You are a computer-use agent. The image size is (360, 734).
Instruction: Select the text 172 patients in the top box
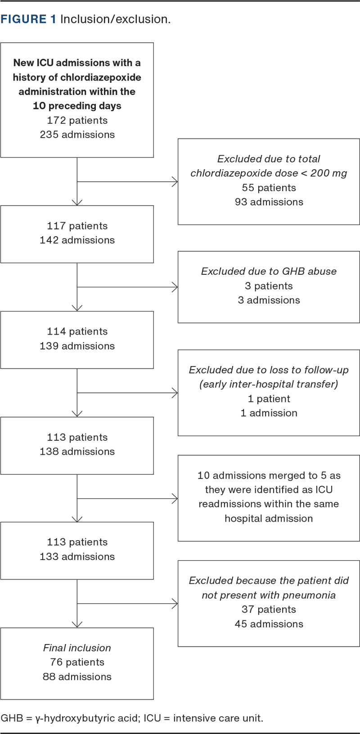click(x=77, y=121)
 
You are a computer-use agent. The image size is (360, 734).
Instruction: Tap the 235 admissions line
click(x=77, y=135)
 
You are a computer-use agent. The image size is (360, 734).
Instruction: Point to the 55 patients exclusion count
click(x=269, y=188)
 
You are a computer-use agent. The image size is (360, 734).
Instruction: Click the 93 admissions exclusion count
click(x=269, y=202)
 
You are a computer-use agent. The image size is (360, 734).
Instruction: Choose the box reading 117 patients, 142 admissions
click(x=77, y=234)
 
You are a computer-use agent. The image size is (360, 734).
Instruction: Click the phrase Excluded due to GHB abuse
click(x=269, y=272)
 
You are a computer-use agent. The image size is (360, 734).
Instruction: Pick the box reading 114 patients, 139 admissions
click(x=77, y=340)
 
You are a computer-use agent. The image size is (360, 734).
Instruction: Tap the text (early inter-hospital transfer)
click(x=269, y=385)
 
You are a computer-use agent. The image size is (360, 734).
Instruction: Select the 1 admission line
click(x=269, y=413)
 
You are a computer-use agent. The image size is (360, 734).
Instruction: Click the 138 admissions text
click(x=77, y=452)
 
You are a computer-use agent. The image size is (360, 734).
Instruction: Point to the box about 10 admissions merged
click(x=269, y=497)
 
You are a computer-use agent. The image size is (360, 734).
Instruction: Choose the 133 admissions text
click(x=77, y=557)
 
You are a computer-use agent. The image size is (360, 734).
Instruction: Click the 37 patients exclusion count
click(x=269, y=610)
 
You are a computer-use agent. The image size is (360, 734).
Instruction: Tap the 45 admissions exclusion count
click(x=269, y=624)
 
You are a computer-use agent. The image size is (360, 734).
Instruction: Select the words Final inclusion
click(x=77, y=648)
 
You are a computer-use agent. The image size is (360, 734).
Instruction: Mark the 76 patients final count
click(x=77, y=662)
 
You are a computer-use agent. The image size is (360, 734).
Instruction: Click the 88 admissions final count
click(x=77, y=677)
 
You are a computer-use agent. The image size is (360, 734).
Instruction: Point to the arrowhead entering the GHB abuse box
click(x=175, y=287)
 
